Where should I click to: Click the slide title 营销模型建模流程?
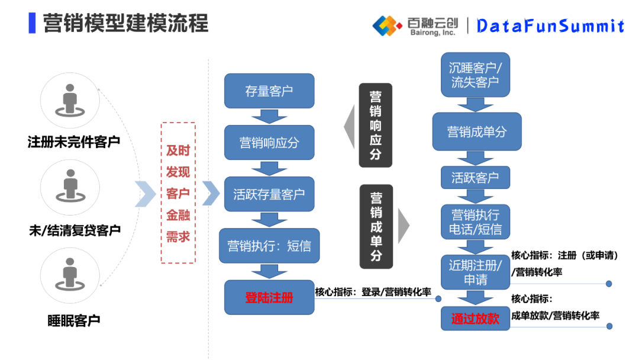tap(125, 24)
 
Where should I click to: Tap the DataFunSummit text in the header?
tap(550, 25)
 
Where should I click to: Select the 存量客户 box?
tap(269, 91)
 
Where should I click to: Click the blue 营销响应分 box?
tap(269, 143)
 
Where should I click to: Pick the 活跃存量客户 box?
tap(269, 194)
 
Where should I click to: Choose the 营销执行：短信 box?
tap(269, 246)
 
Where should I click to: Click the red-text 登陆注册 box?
tap(269, 297)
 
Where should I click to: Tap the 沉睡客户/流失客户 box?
tap(475, 75)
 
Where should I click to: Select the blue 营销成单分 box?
tap(476, 131)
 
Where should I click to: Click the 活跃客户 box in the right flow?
tap(475, 177)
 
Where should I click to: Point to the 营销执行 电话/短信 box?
tap(475, 221)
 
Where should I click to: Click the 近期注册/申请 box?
tap(475, 272)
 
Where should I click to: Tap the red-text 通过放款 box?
tap(475, 319)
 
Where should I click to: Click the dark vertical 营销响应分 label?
tap(376, 126)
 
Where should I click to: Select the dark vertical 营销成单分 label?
tap(376, 226)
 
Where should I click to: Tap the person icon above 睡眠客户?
tap(70, 275)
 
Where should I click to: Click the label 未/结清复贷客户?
tap(75, 230)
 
